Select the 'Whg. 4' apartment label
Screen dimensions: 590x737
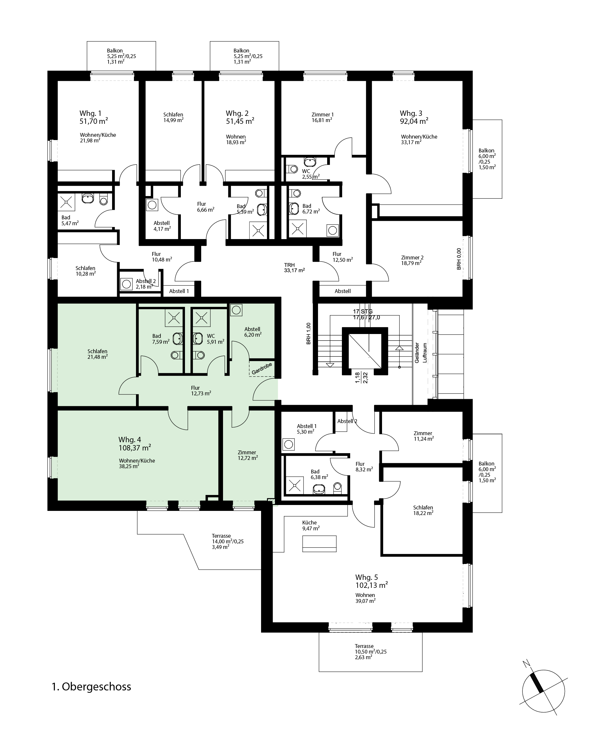click(130, 440)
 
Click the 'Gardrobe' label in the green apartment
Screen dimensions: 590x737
click(262, 368)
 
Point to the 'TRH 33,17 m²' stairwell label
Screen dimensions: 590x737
click(294, 268)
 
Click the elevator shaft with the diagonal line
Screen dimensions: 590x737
click(365, 351)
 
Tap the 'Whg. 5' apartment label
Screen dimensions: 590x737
click(367, 577)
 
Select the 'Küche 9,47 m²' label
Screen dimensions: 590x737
click(311, 525)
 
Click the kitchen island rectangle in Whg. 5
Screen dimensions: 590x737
click(319, 544)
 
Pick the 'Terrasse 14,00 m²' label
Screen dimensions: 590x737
click(227, 542)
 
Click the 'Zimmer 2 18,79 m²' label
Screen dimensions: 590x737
click(412, 260)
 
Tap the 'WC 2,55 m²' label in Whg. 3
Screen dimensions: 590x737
click(311, 174)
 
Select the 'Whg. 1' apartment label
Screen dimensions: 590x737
click(90, 113)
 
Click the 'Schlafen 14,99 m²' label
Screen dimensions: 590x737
click(173, 117)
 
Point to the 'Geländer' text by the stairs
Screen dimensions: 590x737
click(417, 353)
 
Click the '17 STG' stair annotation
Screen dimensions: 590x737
click(363, 311)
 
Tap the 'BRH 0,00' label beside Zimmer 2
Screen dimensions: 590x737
click(459, 259)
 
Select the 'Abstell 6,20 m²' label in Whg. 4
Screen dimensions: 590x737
click(253, 332)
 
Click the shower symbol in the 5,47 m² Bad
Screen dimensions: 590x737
click(66, 202)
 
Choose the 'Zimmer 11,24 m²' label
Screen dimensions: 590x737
click(423, 436)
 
